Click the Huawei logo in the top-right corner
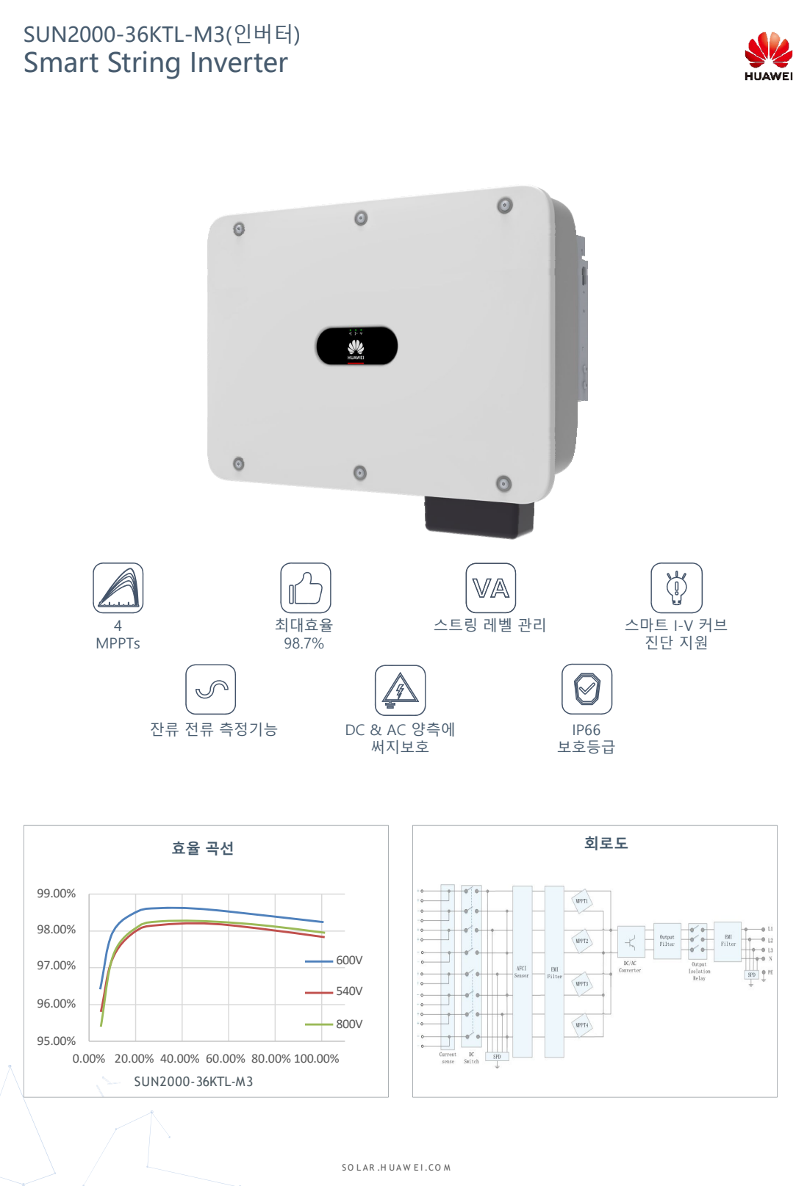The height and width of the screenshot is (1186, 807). click(x=768, y=55)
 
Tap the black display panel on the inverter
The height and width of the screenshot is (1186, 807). click(x=356, y=346)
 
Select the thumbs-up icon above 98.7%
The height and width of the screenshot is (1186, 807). click(x=305, y=587)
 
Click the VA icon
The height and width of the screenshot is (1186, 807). click(x=490, y=587)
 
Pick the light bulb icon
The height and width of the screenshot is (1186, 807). click(x=676, y=587)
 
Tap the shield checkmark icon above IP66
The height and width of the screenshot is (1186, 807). click(x=587, y=689)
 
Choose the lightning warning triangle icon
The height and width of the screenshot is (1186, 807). click(x=400, y=690)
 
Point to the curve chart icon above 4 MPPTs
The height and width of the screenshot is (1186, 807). click(x=118, y=587)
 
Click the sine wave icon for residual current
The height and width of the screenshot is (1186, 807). click(x=211, y=689)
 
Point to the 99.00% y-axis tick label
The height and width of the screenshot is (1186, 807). click(x=57, y=893)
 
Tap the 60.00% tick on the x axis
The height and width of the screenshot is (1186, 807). click(x=226, y=1058)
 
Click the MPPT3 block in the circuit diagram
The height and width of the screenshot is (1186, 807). click(x=581, y=984)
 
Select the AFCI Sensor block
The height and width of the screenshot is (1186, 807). click(x=522, y=971)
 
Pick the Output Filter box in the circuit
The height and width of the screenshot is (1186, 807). click(x=667, y=941)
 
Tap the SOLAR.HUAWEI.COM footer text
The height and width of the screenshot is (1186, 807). click(x=396, y=1167)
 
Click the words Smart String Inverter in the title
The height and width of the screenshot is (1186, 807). click(x=156, y=63)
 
